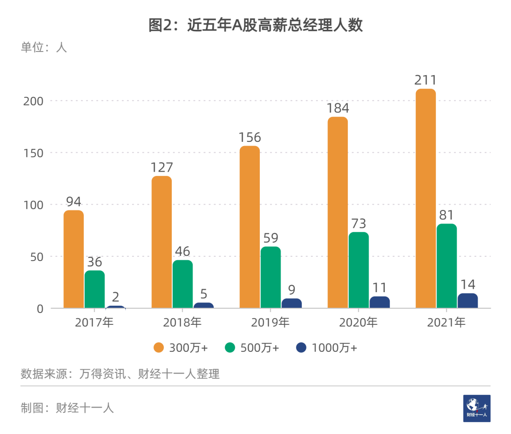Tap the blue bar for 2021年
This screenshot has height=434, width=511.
(467, 301)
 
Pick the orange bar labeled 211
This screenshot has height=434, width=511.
(425, 199)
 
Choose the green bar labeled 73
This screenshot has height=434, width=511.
(358, 270)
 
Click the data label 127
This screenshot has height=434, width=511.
(162, 167)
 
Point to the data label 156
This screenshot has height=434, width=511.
(249, 137)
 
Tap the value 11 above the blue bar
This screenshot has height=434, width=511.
(379, 287)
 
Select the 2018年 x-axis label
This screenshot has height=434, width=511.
(182, 323)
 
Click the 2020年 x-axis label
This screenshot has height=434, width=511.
(358, 323)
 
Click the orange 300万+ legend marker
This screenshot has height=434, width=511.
(159, 348)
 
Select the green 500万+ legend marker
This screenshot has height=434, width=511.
(230, 348)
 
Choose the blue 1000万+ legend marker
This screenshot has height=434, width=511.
(301, 348)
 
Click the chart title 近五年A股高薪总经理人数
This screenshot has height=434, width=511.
(255, 25)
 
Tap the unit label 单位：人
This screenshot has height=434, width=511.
(44, 47)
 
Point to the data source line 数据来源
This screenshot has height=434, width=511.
(120, 374)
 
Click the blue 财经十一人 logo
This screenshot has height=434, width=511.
(476, 408)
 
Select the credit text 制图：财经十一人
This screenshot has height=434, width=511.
(67, 408)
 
